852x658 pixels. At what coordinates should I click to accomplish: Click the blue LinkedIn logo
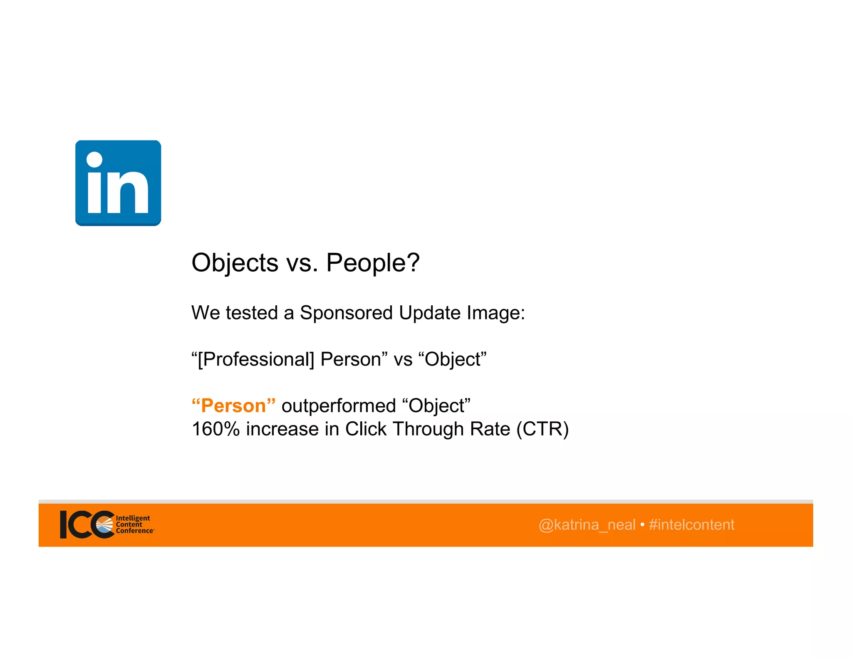point(118,183)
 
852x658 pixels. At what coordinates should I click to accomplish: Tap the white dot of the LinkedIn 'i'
point(94,159)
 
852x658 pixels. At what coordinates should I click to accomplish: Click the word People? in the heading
point(373,263)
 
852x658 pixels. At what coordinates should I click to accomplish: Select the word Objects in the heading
point(235,263)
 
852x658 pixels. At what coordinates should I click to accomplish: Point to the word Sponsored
point(346,313)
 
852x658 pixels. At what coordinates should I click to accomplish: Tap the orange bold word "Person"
point(233,406)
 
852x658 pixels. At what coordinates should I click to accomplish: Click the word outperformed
point(339,406)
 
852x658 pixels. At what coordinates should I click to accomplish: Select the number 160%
point(215,429)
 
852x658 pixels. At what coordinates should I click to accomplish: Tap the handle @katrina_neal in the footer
point(587,525)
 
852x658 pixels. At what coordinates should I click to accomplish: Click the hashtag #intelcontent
point(691,525)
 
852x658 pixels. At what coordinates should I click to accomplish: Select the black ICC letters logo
point(83,524)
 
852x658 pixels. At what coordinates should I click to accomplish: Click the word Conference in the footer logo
point(134,531)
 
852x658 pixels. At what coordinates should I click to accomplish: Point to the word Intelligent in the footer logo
point(133,518)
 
